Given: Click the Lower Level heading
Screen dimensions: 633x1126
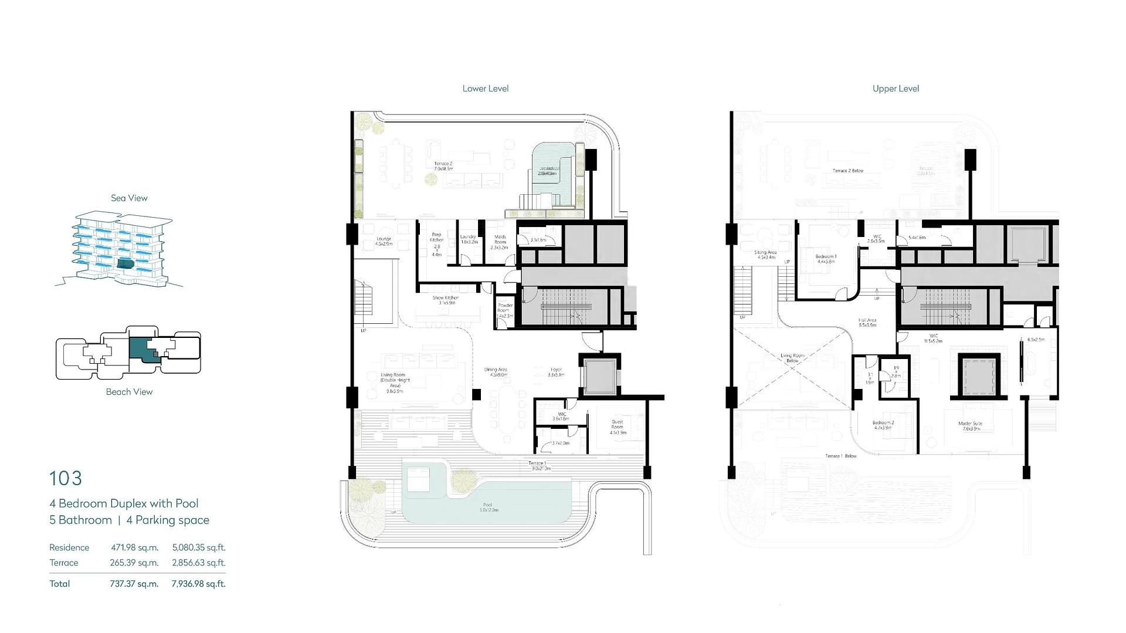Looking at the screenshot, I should point(485,89).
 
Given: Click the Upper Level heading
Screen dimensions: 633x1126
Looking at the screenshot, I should point(896,89).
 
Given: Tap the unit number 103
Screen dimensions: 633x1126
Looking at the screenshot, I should point(66,479).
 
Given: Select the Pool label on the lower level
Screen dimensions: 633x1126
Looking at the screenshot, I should point(487,505).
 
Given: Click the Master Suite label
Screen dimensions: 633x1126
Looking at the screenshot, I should point(970,424).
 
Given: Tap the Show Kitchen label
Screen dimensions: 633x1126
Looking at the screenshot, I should point(446,299).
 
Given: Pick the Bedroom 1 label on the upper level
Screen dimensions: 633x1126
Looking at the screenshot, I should point(826,257).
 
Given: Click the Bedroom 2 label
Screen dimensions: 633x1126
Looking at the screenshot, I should point(883,423).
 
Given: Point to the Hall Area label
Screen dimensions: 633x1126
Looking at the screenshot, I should point(867,321).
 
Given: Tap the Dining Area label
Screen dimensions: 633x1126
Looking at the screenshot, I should point(496,370).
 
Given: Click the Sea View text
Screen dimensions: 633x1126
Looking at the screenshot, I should point(129,198).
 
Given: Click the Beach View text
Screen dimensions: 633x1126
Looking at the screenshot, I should point(129,392).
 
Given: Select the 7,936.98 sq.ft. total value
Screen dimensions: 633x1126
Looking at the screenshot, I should point(198,584).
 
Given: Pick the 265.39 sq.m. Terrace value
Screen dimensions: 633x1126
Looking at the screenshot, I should point(134,563).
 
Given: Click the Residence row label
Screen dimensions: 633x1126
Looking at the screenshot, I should point(69,547).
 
